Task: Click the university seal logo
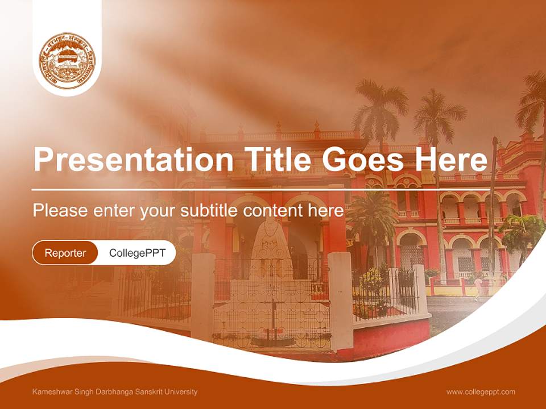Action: coord(67,61)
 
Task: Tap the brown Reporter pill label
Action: coord(65,253)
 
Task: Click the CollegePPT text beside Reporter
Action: coord(137,253)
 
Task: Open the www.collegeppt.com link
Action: coord(481,392)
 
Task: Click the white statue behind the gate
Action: coord(272,250)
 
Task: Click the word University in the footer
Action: coord(182,392)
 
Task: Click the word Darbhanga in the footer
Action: coord(113,392)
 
